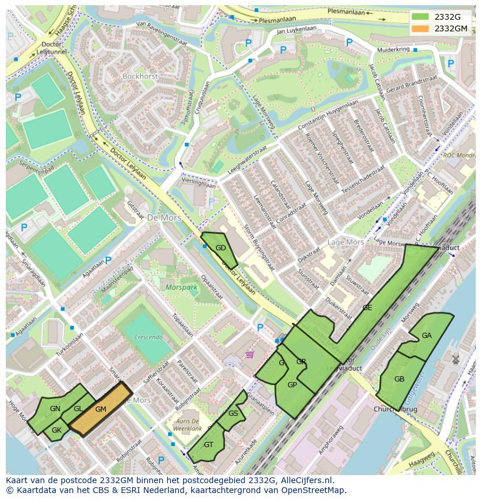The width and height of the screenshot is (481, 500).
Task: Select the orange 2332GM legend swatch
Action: tap(421, 28)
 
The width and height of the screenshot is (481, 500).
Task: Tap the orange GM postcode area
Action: tap(100, 409)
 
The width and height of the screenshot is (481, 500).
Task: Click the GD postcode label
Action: tap(221, 248)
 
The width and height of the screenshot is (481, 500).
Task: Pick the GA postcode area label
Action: tap(426, 336)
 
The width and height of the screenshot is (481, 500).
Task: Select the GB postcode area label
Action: tap(399, 379)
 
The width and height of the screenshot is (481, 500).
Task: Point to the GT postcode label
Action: tap(209, 445)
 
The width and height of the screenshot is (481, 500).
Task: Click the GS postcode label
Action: tap(233, 413)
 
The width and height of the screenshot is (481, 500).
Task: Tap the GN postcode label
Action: tap(55, 409)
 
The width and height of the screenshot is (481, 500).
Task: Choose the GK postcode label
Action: tap(56, 430)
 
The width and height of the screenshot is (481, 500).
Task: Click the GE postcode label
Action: tap(367, 308)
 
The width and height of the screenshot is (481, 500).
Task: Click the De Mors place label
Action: tap(164, 218)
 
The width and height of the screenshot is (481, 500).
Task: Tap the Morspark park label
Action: tap(181, 287)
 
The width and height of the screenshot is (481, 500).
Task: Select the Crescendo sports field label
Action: tap(148, 337)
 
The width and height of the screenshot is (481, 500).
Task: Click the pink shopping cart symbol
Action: tap(250, 354)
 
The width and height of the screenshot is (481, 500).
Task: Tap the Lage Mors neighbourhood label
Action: tap(346, 242)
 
